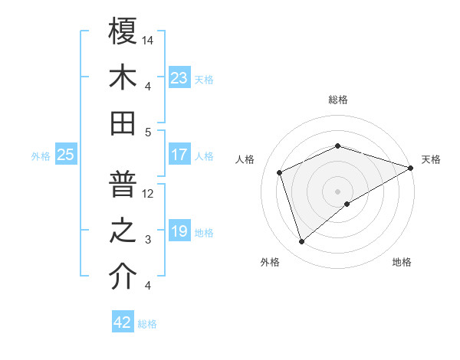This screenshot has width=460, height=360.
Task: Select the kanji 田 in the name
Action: (123, 123)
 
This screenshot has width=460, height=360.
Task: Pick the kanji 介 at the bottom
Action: (123, 277)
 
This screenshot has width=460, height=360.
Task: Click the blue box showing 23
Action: (179, 77)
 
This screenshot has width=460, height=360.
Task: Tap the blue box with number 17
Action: (179, 155)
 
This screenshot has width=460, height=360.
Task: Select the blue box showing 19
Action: (179, 231)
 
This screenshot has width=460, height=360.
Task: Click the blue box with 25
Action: (65, 155)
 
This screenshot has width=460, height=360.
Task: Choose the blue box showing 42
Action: (122, 322)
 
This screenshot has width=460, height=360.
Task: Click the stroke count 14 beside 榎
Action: (149, 39)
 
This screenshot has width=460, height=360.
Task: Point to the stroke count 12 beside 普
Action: (149, 193)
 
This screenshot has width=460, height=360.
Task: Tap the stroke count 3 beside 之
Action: (149, 240)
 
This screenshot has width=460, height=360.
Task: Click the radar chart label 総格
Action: (338, 100)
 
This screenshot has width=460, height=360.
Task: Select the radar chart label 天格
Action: (431, 159)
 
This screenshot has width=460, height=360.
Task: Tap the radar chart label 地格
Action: (402, 263)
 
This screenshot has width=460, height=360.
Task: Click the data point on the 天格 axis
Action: (411, 167)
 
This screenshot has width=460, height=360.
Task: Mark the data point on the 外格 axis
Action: (301, 242)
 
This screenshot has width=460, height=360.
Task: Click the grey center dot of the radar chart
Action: (338, 191)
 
